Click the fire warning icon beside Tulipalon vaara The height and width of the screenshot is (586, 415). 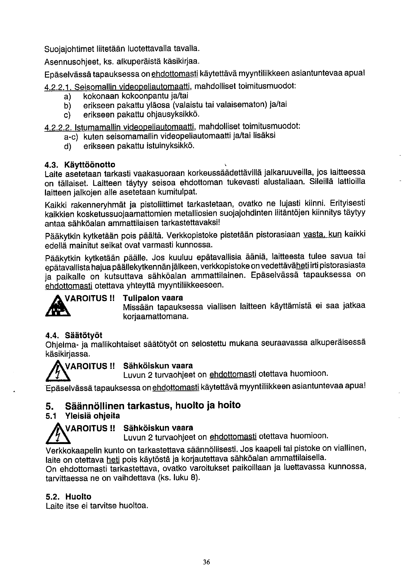tap(58, 308)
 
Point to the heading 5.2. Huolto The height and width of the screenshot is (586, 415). tap(68, 497)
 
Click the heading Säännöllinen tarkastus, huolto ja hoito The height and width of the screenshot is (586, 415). tap(153, 405)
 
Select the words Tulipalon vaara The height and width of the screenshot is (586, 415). tap(153, 298)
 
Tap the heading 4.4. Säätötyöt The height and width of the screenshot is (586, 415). tap(74, 335)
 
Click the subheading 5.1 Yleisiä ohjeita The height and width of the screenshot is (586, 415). tap(83, 416)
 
